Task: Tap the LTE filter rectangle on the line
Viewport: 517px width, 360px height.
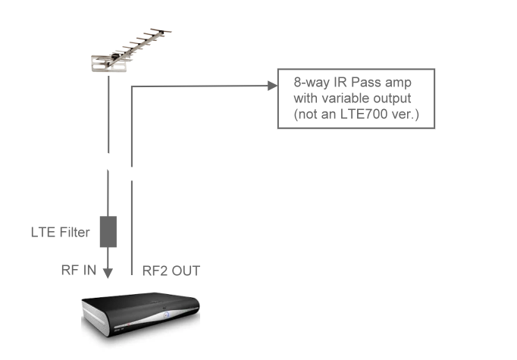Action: pyautogui.click(x=108, y=231)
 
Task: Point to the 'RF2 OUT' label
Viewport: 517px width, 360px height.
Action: pyautogui.click(x=172, y=271)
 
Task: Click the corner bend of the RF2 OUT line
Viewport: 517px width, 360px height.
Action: pyautogui.click(x=133, y=87)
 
